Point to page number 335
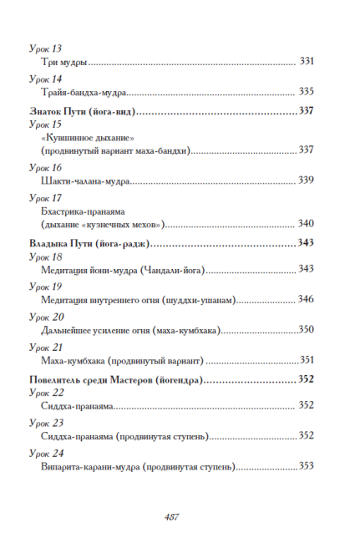[306, 91]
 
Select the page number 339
[306, 180]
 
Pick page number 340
[306, 224]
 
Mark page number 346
[306, 299]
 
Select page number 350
[306, 330]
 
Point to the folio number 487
[173, 516]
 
